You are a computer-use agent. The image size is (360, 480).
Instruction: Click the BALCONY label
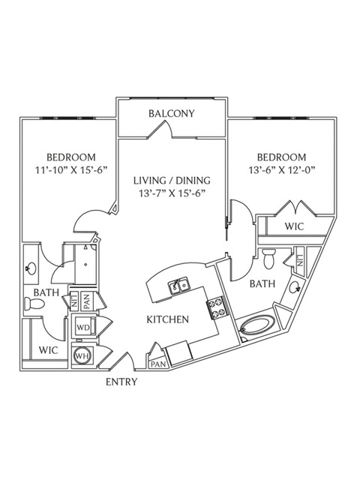pyautogui.click(x=172, y=113)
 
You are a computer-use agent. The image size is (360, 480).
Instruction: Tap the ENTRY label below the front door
pyautogui.click(x=121, y=382)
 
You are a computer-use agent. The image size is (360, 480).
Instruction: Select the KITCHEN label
pyautogui.click(x=168, y=319)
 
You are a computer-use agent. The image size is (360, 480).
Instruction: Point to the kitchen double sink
pyautogui.click(x=179, y=286)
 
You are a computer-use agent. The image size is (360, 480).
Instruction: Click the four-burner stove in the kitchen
pyautogui.click(x=217, y=308)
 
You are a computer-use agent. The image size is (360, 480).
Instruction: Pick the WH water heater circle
pyautogui.click(x=83, y=356)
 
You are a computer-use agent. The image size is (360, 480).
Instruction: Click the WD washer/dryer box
pyautogui.click(x=84, y=328)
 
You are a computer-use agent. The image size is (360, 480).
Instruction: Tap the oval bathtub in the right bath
pyautogui.click(x=257, y=329)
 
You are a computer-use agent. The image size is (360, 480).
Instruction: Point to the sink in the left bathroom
pyautogui.click(x=31, y=268)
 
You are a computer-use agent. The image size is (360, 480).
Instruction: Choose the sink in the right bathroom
pyautogui.click(x=295, y=286)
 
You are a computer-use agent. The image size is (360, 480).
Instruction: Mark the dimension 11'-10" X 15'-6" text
pyautogui.click(x=71, y=169)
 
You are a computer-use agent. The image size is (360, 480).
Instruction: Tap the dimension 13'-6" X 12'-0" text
pyautogui.click(x=282, y=169)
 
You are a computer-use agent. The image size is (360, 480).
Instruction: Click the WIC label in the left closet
pyautogui.click(x=48, y=350)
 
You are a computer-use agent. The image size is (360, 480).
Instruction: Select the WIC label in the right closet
pyautogui.click(x=294, y=226)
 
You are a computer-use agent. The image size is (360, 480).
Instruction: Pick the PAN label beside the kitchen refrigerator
pyautogui.click(x=158, y=364)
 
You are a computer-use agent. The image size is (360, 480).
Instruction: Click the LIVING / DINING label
pyautogui.click(x=172, y=181)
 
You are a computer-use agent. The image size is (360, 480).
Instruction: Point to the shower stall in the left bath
pyautogui.click(x=86, y=263)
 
